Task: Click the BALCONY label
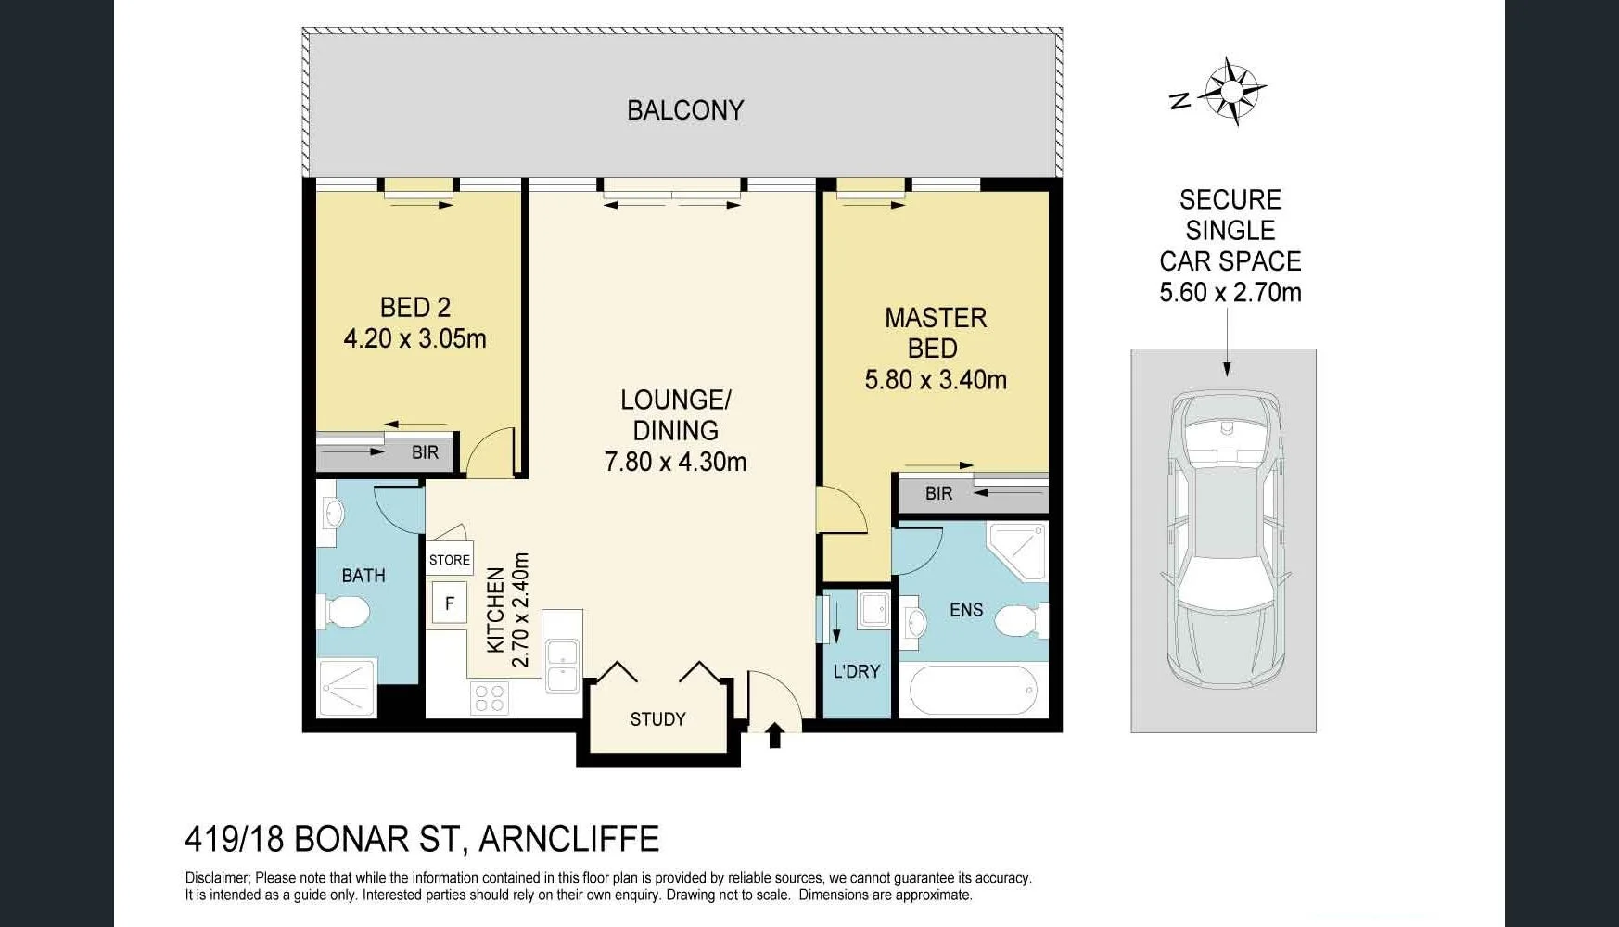point(685,110)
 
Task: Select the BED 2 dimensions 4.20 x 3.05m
point(414,338)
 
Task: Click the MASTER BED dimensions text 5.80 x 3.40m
point(935,379)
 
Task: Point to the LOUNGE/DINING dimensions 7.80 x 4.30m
point(675,461)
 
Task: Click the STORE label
point(449,560)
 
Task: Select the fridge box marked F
point(450,603)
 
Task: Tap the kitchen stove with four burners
point(489,698)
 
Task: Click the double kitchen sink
point(562,666)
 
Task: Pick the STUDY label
point(657,719)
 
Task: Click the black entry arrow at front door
point(775,736)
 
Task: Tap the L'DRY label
point(856,671)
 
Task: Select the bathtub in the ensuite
point(973,690)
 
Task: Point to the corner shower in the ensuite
point(1018,550)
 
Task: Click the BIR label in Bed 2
point(425,452)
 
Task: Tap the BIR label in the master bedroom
point(938,493)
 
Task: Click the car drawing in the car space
point(1224,538)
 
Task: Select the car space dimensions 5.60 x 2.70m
point(1230,293)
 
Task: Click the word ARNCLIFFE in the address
point(568,839)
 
